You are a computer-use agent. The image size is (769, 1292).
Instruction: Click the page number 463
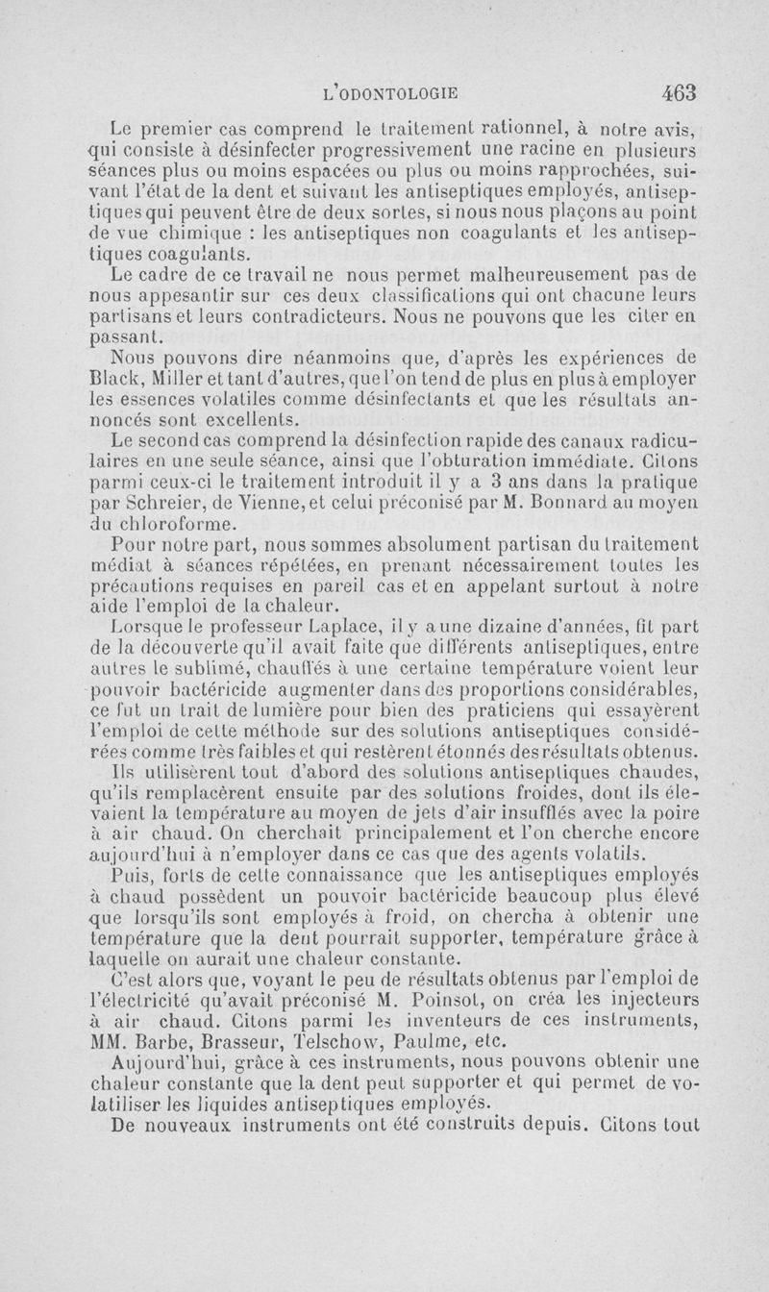[x=678, y=93]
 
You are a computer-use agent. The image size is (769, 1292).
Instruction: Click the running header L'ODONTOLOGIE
[x=392, y=94]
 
